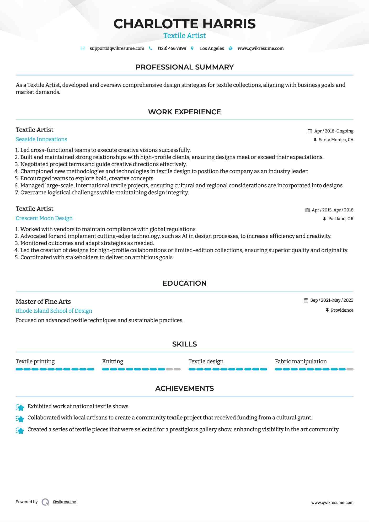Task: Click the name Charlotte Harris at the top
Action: click(x=184, y=24)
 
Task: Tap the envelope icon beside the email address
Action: click(x=83, y=49)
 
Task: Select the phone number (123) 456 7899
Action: click(x=172, y=49)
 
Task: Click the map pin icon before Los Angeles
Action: click(x=192, y=49)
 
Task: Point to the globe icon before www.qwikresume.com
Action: click(x=231, y=49)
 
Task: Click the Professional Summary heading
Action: click(x=184, y=67)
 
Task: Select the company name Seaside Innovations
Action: click(x=41, y=139)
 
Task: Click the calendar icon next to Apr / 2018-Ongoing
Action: click(x=310, y=131)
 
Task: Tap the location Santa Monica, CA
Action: click(x=336, y=140)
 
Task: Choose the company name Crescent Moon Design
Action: click(x=44, y=218)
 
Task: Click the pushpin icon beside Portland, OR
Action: click(x=324, y=219)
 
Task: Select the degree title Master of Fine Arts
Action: click(x=43, y=302)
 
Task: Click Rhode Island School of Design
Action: click(x=54, y=311)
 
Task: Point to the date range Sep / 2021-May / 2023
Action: click(x=331, y=300)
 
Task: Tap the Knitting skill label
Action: click(x=113, y=361)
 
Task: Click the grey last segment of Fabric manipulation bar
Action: click(x=350, y=369)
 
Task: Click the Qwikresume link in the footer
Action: click(x=65, y=502)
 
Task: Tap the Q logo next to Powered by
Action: click(x=45, y=502)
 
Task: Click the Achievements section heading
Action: click(x=184, y=388)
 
